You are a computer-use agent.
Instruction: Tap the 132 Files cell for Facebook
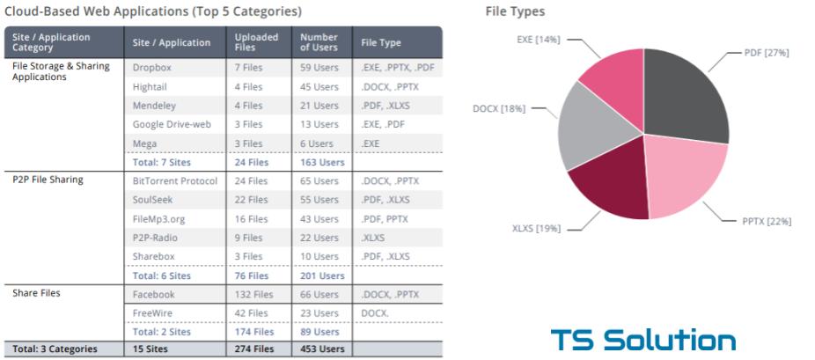[253, 295]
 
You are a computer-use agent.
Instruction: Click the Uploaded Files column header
[256, 41]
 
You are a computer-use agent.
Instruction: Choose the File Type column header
[380, 42]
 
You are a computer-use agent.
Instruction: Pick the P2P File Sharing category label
[48, 180]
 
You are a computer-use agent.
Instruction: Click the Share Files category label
[36, 294]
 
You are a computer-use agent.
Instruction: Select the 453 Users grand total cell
[319, 349]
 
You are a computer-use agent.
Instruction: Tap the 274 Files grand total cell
[253, 349]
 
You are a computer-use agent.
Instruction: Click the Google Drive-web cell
[172, 124]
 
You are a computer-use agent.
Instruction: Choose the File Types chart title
[515, 12]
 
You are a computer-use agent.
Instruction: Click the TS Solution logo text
[642, 340]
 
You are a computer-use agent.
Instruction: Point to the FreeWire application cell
[151, 313]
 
